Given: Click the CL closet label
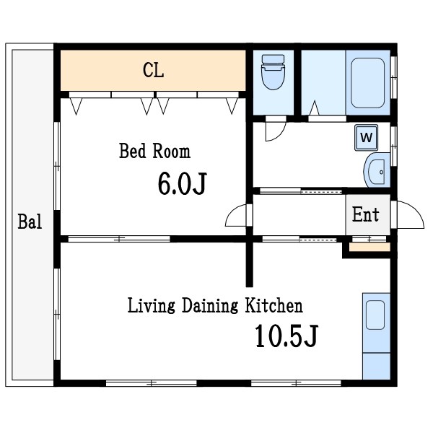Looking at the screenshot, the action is (x=154, y=70).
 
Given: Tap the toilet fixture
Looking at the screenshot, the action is (x=273, y=72).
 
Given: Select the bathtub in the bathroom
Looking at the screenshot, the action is (x=367, y=83).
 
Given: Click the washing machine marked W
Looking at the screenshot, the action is (x=367, y=138).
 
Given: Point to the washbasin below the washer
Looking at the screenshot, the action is (x=377, y=170).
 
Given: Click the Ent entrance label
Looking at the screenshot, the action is (x=366, y=214).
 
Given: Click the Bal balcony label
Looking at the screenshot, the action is (x=30, y=222).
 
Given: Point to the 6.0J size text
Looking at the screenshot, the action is (x=183, y=183).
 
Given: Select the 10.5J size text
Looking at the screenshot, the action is (x=287, y=336).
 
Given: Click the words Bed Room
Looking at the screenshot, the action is (x=154, y=151).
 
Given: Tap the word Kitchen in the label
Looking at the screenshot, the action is (x=274, y=305).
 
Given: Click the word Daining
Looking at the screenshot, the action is (x=209, y=306).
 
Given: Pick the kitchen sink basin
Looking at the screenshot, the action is (x=375, y=315).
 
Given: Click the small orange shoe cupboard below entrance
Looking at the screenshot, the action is (x=369, y=247).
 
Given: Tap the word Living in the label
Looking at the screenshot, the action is (x=151, y=306).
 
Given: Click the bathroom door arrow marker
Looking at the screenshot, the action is (x=314, y=108).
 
